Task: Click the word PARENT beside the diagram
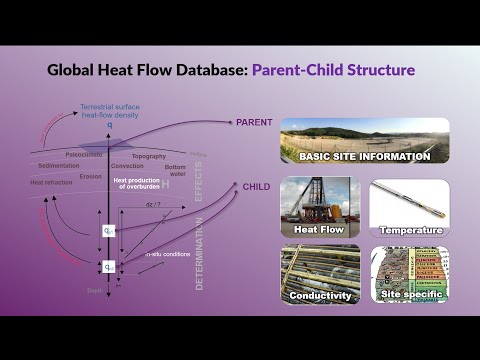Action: (x=254, y=122)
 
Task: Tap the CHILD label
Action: (x=256, y=186)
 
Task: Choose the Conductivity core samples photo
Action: (x=320, y=274)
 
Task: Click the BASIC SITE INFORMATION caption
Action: (x=363, y=156)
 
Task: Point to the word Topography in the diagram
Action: (x=148, y=157)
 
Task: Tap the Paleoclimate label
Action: (x=88, y=156)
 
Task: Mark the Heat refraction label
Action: (x=50, y=183)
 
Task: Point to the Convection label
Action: (x=127, y=166)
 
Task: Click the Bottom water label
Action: (x=175, y=170)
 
